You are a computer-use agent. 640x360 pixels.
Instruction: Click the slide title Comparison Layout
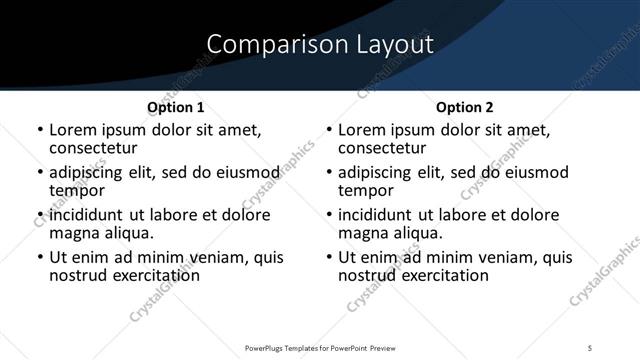pos(320,45)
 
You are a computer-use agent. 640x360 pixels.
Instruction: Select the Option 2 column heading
pos(465,107)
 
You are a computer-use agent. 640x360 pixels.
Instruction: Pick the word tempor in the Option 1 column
pos(75,190)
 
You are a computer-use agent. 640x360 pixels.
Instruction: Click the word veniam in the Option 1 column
pos(203,258)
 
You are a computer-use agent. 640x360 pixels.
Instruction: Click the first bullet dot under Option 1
pos(40,131)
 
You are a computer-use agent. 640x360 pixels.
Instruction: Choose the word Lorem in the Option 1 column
pos(72,130)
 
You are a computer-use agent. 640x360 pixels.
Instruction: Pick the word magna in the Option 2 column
pos(363,233)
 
